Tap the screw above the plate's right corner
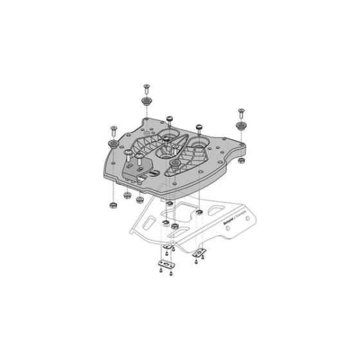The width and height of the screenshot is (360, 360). [241, 111]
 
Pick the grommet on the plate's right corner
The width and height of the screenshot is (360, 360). [241, 125]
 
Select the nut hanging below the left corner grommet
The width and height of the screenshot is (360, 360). [113, 205]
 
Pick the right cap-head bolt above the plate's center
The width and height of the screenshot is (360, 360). [198, 127]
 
